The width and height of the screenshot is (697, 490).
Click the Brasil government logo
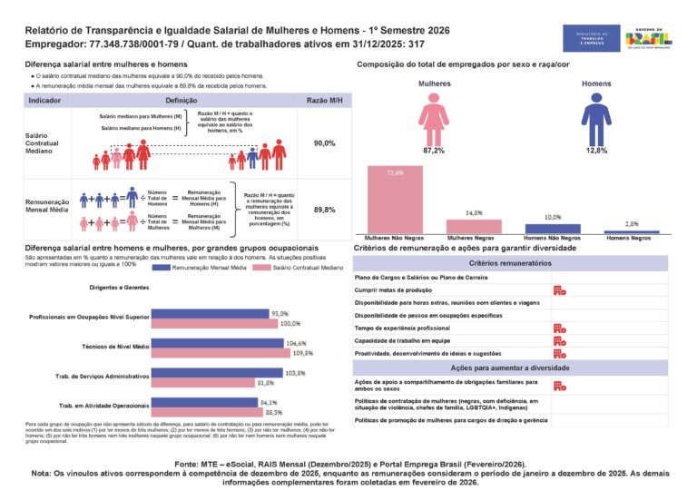click(648, 38)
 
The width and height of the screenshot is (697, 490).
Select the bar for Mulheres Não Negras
click(395, 200)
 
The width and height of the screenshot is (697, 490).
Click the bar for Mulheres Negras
click(473, 227)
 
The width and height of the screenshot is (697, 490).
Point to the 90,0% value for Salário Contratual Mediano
click(324, 143)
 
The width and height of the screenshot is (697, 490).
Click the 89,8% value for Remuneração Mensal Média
click(324, 210)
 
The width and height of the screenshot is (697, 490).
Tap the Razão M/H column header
click(324, 100)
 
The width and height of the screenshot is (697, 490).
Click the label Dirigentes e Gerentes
click(119, 287)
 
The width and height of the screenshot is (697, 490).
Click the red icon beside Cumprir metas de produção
click(559, 289)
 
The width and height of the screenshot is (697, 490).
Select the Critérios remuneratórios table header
click(510, 262)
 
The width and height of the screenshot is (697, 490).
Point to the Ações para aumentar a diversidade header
click(510, 367)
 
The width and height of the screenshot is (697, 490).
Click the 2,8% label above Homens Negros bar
click(632, 223)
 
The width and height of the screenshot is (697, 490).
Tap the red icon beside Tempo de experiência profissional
click(559, 328)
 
